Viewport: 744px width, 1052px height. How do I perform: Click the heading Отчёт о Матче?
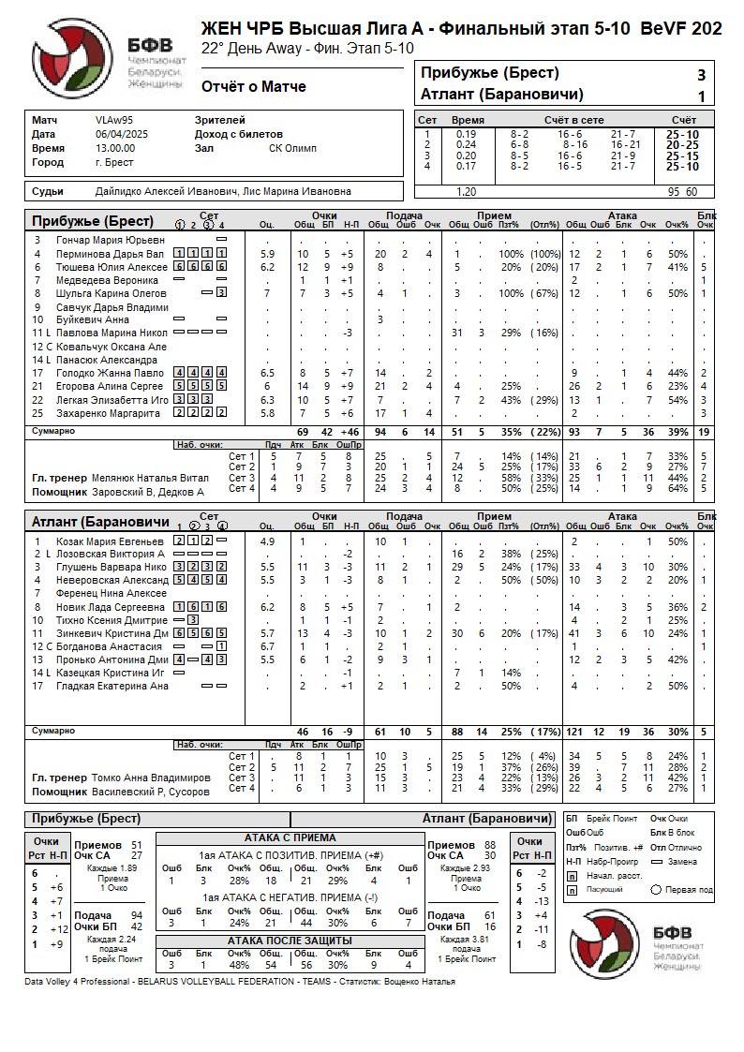(253, 87)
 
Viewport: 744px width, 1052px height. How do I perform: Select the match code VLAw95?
(114, 121)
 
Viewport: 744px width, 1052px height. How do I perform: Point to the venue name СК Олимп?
(292, 148)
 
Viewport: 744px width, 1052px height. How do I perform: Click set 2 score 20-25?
(681, 144)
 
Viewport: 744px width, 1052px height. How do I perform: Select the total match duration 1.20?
(466, 191)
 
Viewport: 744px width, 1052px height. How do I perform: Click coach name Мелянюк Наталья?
(147, 478)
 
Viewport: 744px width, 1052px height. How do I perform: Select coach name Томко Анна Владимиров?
(150, 778)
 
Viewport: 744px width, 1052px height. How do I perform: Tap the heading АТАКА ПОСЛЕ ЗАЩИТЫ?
(290, 940)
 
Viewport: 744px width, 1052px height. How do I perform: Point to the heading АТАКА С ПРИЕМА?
(290, 837)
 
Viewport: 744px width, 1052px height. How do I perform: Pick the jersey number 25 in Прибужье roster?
(37, 413)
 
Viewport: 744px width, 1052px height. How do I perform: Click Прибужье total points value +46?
(351, 432)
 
